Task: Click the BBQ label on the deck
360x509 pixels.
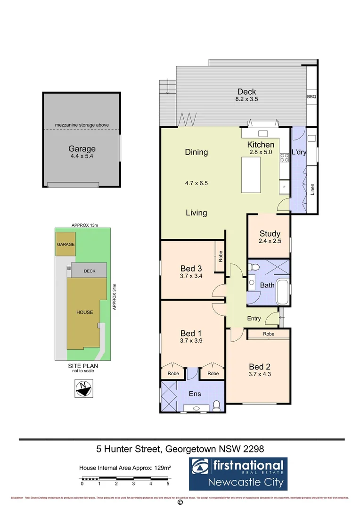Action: tap(311, 97)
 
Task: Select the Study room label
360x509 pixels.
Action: tap(270, 233)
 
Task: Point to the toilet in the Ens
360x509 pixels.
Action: tap(217, 404)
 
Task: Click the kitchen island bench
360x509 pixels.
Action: tap(253, 175)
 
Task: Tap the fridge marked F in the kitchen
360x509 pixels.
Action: tap(284, 187)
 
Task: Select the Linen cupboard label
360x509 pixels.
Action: tap(312, 189)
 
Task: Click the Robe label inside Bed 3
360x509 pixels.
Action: tap(220, 257)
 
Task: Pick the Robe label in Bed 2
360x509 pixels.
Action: tap(269, 334)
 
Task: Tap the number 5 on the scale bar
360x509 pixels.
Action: tap(168, 484)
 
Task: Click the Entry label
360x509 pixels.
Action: tap(254, 319)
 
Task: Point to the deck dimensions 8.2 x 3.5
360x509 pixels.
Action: tap(247, 99)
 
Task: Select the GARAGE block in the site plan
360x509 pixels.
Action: tap(65, 245)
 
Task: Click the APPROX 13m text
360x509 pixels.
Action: tap(84, 226)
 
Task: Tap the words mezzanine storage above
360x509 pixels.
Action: tap(82, 125)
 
